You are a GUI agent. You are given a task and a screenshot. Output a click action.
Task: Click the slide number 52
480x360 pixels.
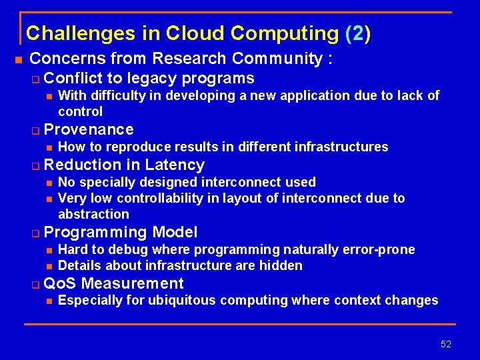click(x=446, y=344)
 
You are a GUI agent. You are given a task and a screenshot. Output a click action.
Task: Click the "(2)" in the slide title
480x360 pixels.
click(x=358, y=33)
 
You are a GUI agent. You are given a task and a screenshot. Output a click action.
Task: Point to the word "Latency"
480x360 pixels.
click(x=175, y=165)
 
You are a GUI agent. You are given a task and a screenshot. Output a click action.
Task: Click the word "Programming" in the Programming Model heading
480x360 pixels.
click(x=95, y=232)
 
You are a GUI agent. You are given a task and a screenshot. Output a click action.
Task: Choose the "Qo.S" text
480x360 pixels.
click(x=59, y=283)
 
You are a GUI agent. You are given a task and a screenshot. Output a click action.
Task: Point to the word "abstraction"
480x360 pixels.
click(x=93, y=214)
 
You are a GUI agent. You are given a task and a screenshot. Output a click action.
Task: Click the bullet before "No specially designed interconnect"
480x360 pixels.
click(x=49, y=183)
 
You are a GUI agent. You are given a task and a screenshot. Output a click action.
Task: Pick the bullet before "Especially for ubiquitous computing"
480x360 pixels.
click(x=49, y=301)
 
